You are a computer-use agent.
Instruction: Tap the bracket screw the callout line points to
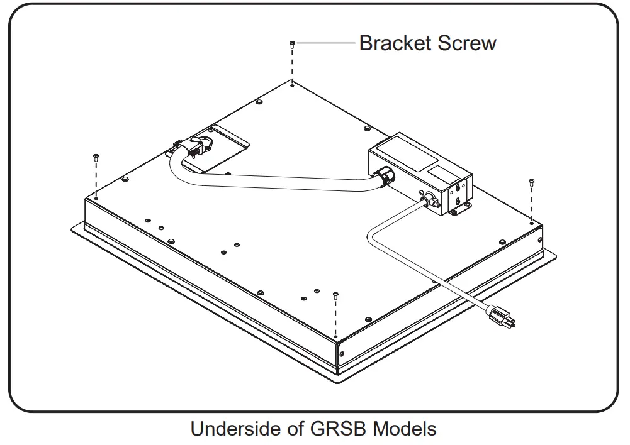(x=292, y=43)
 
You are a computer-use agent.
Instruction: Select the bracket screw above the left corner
(x=95, y=155)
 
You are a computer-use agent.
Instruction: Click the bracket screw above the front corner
(x=335, y=294)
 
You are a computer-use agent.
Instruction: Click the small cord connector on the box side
(x=429, y=201)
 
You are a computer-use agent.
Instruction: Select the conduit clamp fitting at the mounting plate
(x=196, y=148)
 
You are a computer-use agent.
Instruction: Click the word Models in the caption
(x=404, y=429)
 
